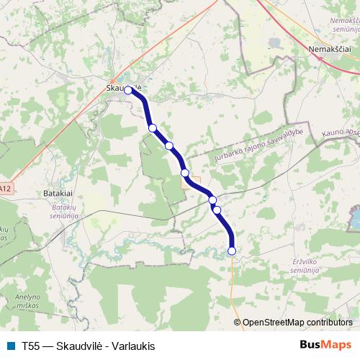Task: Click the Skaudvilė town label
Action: pyautogui.click(x=119, y=87)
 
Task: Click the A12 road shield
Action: pyautogui.click(x=5, y=189)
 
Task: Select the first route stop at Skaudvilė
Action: pyautogui.click(x=129, y=90)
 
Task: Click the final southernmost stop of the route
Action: pyautogui.click(x=232, y=251)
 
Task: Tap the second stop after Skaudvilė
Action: pyautogui.click(x=153, y=128)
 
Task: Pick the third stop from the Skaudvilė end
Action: pyautogui.click(x=169, y=145)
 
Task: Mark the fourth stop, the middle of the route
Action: pyautogui.click(x=185, y=173)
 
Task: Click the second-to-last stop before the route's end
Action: pyautogui.click(x=217, y=210)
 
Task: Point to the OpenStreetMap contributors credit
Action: pyautogui.click(x=297, y=322)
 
